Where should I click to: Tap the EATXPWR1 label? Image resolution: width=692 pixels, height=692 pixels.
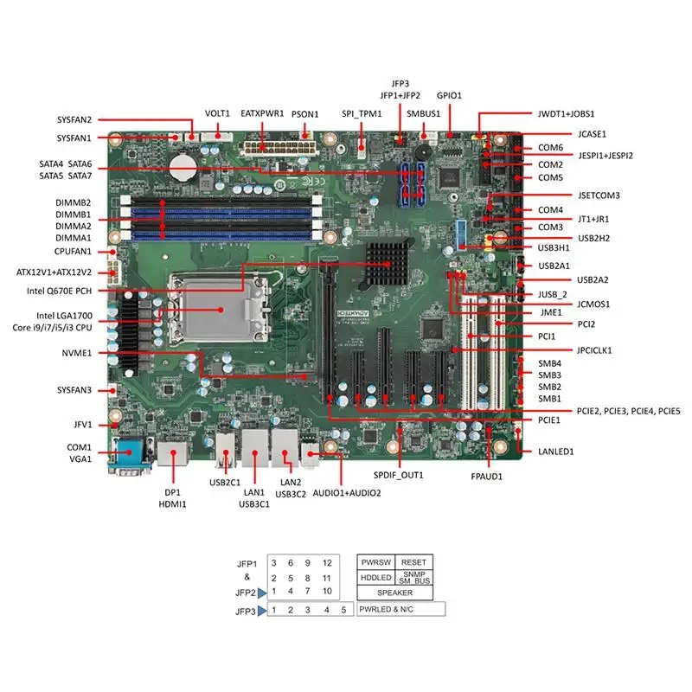[262, 113]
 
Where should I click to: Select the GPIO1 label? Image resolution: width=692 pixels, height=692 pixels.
[450, 95]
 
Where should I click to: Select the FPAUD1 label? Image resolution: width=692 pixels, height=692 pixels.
[487, 476]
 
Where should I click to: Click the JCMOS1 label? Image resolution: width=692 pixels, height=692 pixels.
[570, 304]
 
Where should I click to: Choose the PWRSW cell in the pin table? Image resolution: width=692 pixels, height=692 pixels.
[375, 561]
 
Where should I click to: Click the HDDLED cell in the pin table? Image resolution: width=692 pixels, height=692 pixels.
[375, 577]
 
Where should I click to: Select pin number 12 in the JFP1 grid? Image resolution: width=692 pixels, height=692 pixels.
[327, 563]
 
